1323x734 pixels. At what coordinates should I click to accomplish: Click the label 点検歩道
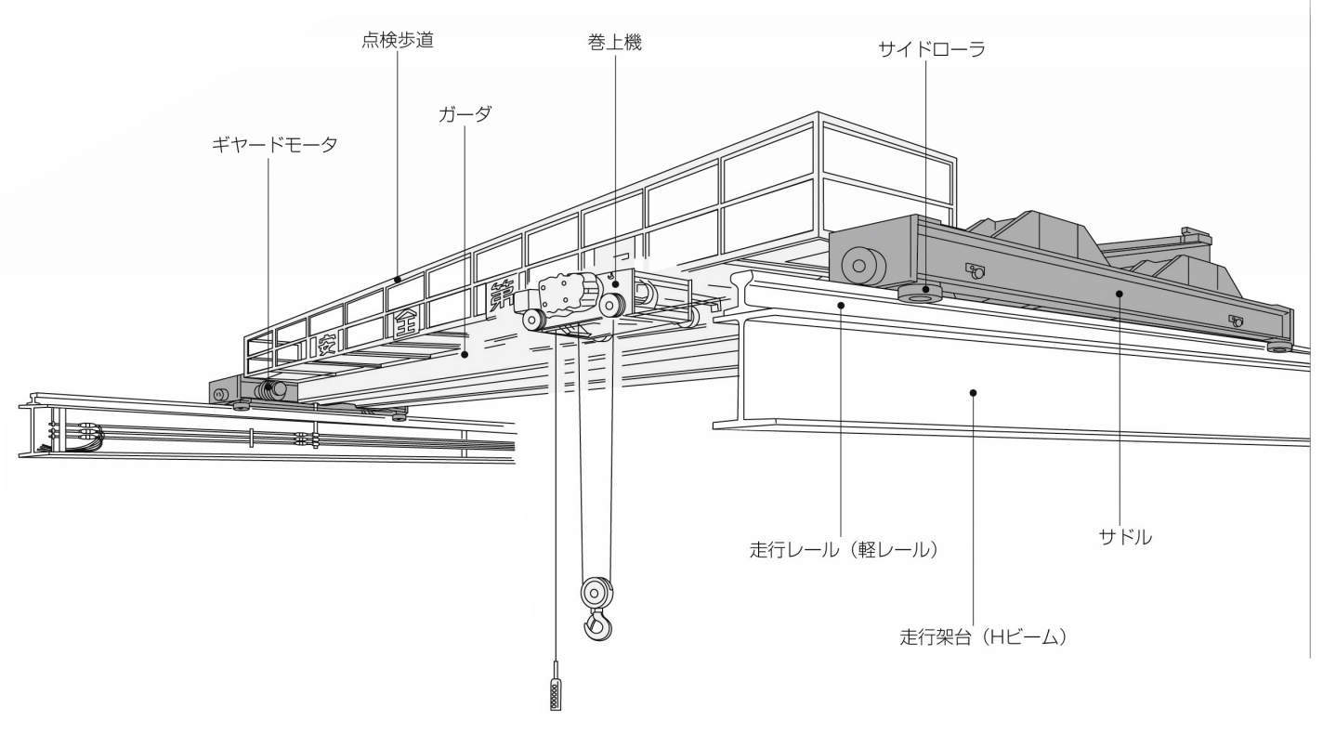(397, 41)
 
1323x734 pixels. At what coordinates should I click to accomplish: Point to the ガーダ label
(465, 114)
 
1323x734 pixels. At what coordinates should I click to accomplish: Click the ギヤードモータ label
(274, 145)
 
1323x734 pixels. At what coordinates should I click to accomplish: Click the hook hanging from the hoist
(597, 625)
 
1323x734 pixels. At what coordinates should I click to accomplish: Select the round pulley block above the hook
(595, 591)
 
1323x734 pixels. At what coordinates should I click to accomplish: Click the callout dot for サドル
(1120, 294)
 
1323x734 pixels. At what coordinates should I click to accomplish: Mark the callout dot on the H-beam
(973, 393)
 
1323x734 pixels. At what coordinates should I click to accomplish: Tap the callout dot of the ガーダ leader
(464, 353)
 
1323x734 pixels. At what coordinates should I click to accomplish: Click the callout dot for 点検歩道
(397, 279)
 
